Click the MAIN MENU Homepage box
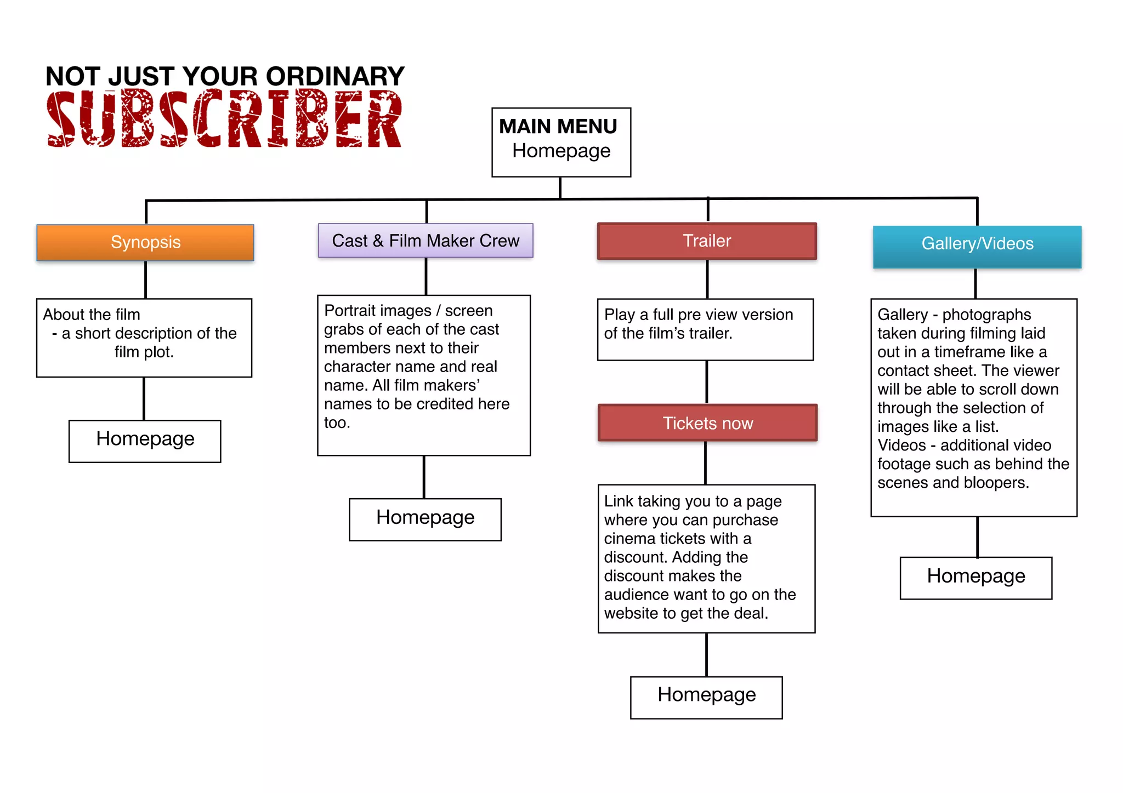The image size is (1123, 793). point(561,142)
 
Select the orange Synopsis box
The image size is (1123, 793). point(145,242)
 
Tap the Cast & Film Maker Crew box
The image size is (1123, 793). point(426,241)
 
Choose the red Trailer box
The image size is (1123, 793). point(707,241)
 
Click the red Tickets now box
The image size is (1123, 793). point(707,423)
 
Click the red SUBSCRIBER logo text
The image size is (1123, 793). point(224,119)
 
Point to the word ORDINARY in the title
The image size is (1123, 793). point(335,76)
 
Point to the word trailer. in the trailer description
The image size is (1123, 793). point(707,333)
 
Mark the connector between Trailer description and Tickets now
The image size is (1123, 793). point(707,382)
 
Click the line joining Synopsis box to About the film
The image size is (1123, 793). point(145,279)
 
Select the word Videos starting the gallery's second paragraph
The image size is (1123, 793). point(901,446)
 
